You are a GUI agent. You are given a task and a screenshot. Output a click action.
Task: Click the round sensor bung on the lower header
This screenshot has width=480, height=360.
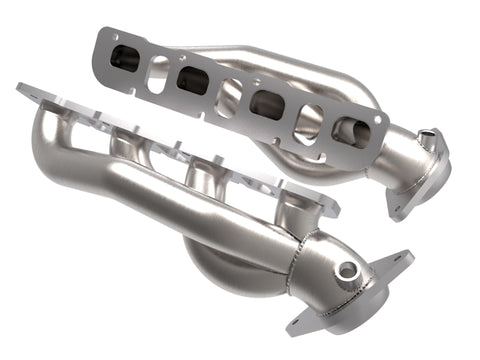347,269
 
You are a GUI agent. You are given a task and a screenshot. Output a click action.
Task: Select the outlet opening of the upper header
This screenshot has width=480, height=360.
427,140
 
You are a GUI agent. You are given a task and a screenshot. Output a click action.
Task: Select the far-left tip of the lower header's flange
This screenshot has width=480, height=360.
22,91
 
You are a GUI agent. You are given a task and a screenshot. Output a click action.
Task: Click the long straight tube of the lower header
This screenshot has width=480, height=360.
180,200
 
